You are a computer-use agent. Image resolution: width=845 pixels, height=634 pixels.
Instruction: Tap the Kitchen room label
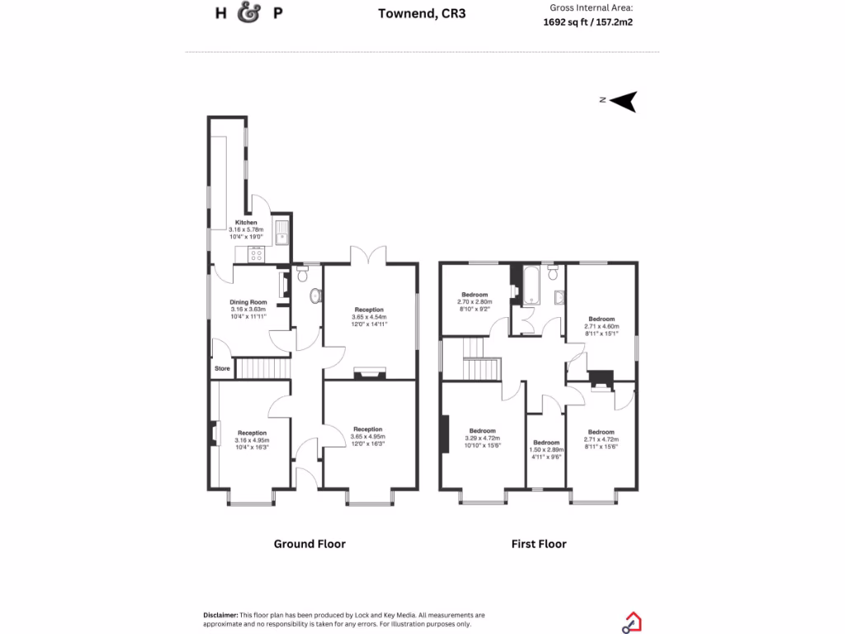coord(246,223)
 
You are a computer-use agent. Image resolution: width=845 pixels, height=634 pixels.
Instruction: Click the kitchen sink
coord(282,231)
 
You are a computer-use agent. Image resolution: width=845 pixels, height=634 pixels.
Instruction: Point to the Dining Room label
coord(249,302)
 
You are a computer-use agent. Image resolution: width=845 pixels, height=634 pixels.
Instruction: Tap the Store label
coord(222,368)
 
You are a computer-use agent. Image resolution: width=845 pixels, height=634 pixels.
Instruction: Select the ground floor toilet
coord(314,296)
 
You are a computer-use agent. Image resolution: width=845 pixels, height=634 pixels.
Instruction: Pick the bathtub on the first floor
coord(531,285)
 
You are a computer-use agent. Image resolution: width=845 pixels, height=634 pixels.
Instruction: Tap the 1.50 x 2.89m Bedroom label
coord(546,443)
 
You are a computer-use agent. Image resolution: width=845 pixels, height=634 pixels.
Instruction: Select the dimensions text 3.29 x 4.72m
coord(482,438)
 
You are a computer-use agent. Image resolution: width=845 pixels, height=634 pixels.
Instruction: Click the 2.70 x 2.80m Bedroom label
coord(474,295)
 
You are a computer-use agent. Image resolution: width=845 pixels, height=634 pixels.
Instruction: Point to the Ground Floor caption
coord(309,543)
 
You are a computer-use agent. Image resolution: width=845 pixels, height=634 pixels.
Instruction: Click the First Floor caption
coord(539,543)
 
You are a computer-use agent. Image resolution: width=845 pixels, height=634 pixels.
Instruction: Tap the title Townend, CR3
coord(422,13)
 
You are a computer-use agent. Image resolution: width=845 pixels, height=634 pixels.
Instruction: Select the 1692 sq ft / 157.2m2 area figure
coord(588,22)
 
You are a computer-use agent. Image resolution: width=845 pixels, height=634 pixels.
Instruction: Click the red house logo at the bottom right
coord(632,621)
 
